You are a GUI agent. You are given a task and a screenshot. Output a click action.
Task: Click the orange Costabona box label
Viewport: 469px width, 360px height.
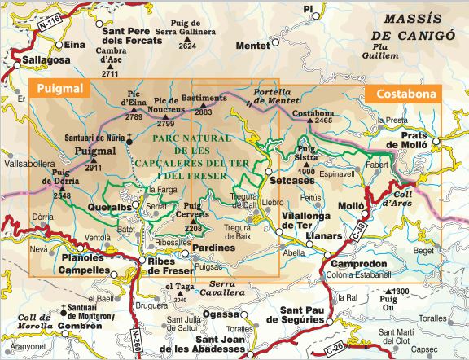point(403,94)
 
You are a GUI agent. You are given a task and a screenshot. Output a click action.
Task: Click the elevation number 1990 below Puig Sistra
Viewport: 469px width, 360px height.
point(306,172)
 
